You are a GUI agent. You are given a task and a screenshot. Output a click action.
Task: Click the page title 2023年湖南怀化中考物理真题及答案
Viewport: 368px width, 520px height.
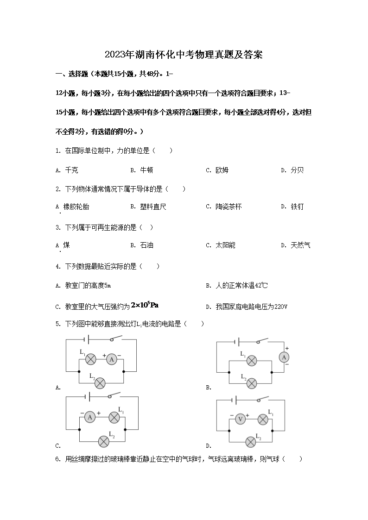point(184,55)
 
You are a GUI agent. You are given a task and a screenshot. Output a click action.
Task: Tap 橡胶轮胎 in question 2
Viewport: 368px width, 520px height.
point(76,207)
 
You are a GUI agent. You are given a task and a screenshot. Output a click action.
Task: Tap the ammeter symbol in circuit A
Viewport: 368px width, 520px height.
point(111,359)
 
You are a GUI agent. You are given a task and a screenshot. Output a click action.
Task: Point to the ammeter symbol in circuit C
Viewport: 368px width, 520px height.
point(90,417)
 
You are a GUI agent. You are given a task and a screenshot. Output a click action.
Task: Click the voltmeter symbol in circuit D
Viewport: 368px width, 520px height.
point(241,419)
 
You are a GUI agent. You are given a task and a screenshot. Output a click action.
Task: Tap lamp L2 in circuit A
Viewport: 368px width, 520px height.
point(100,382)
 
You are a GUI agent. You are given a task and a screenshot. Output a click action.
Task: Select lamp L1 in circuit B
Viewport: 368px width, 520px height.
point(251,361)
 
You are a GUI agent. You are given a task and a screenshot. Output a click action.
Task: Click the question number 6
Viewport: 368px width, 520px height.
point(57,459)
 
